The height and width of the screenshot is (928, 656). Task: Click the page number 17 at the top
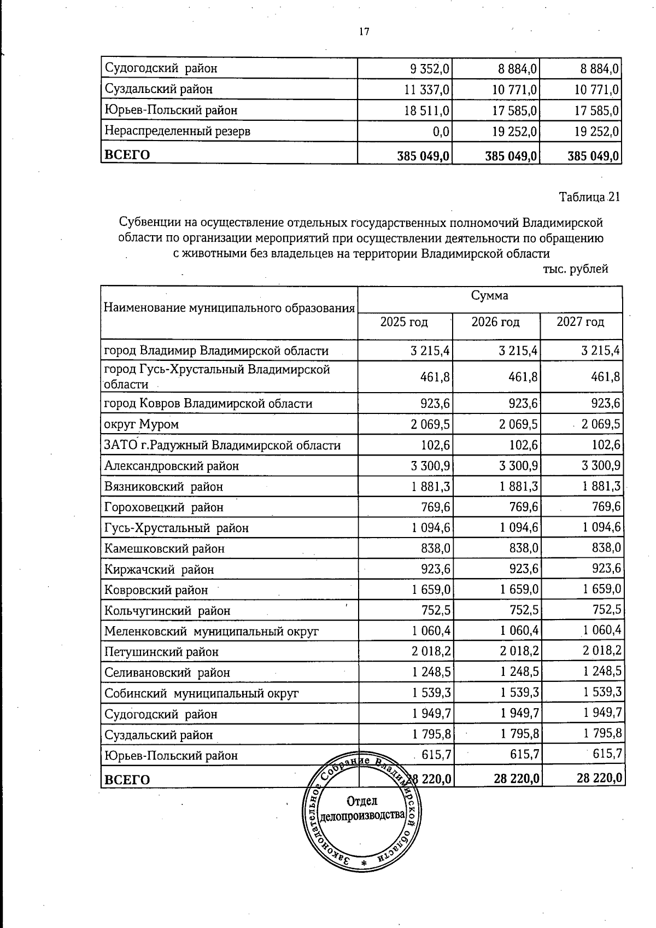tap(364, 32)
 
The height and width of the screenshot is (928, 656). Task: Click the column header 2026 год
tap(495, 322)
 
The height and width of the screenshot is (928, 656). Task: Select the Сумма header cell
tap(490, 296)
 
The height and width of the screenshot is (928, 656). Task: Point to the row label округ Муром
tap(142, 424)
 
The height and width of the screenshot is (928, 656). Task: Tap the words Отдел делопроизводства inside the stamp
tap(362, 808)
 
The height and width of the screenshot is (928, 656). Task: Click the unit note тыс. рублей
tap(576, 269)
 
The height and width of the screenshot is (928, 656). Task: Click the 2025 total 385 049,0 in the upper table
tap(423, 156)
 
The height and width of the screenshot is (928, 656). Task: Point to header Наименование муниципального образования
tap(229, 308)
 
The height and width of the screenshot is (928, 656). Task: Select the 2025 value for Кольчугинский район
tap(435, 610)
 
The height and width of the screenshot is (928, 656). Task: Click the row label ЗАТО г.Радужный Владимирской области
tap(222, 445)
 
